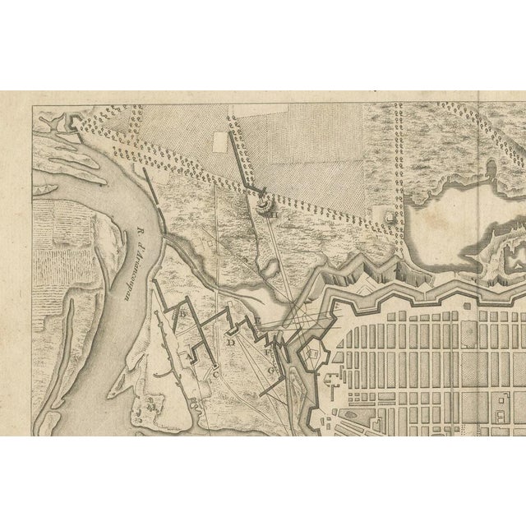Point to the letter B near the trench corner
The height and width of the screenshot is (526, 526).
tap(184, 313)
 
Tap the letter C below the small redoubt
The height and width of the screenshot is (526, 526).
tap(215, 375)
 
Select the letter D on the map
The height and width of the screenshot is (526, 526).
tap(232, 341)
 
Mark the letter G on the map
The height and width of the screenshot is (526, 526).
tap(272, 370)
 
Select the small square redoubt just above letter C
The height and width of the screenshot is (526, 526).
tap(215, 364)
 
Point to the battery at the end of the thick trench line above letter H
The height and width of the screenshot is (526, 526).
tap(263, 199)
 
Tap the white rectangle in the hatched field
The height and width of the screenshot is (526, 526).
tap(219, 141)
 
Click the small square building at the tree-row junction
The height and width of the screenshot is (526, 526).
tap(389, 215)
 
